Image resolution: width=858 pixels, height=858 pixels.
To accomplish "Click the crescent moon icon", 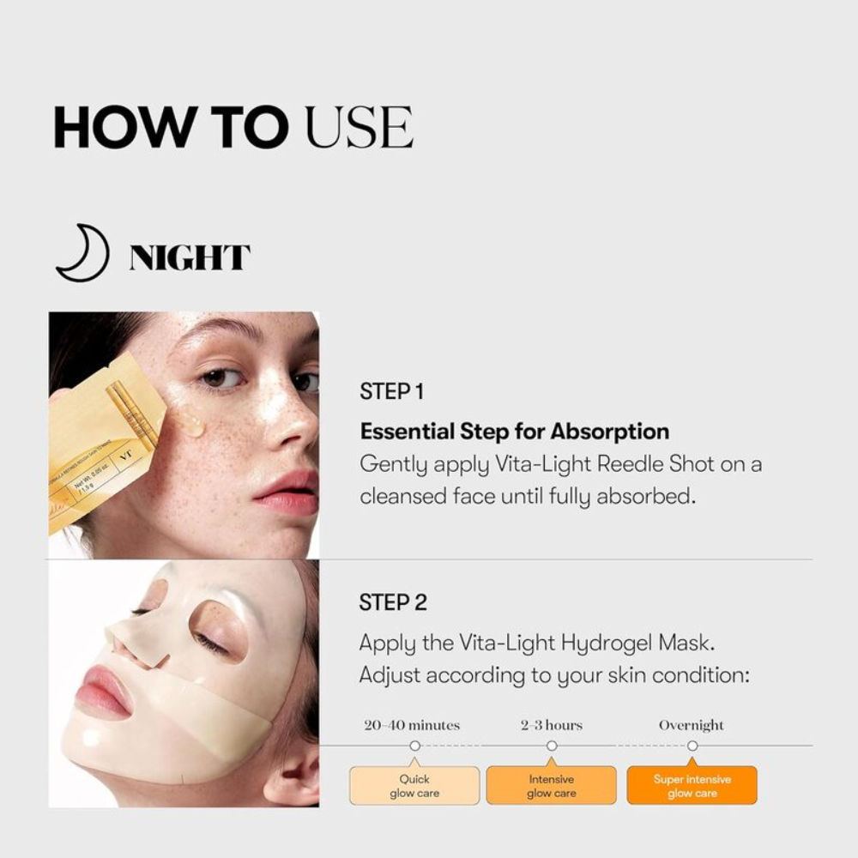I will point(82,255).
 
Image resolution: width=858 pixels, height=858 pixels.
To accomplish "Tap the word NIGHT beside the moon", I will point(190,257).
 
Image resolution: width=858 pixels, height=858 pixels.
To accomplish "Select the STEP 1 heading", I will point(392,392).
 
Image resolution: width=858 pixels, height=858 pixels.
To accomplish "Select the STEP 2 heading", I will point(393,602).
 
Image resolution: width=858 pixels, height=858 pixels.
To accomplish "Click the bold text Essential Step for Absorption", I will point(514,431).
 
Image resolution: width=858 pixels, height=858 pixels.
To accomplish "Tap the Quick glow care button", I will point(414,786).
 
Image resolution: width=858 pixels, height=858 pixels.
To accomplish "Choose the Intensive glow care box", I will point(551,786).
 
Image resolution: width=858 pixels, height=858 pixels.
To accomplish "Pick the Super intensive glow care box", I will point(692,786).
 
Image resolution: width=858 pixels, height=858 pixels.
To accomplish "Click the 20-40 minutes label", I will point(412,725).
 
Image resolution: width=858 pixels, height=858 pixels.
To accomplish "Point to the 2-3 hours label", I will point(551,725).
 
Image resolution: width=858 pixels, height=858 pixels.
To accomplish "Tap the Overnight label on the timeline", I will point(692,725).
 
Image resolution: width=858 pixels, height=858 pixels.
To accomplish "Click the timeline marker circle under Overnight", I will point(692,746).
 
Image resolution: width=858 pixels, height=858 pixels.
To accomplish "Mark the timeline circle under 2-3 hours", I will point(552,746).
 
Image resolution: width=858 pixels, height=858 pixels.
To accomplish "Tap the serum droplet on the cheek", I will point(190,421).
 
